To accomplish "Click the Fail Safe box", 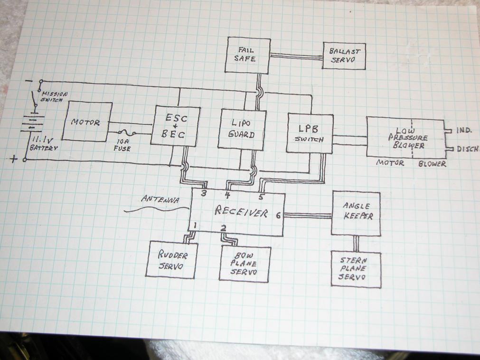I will pyautogui.click(x=247, y=56).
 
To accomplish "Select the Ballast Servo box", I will pyautogui.click(x=345, y=56).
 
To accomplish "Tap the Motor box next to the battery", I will pyautogui.click(x=86, y=122).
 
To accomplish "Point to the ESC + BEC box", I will pyautogui.click(x=175, y=125).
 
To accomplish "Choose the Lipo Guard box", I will pyautogui.click(x=242, y=129).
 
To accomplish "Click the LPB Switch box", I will pyautogui.click(x=310, y=133).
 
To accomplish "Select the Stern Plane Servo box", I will pyautogui.click(x=356, y=269).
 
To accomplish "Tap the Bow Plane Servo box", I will pyautogui.click(x=245, y=264).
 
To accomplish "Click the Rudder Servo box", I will pyautogui.click(x=170, y=259).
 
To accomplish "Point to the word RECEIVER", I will pyautogui.click(x=241, y=212).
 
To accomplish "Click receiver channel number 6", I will pyautogui.click(x=278, y=215).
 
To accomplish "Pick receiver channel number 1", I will pyautogui.click(x=195, y=225).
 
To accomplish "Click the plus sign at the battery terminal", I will pyautogui.click(x=13, y=160).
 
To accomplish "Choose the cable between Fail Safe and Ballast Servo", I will pyautogui.click(x=296, y=56).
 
